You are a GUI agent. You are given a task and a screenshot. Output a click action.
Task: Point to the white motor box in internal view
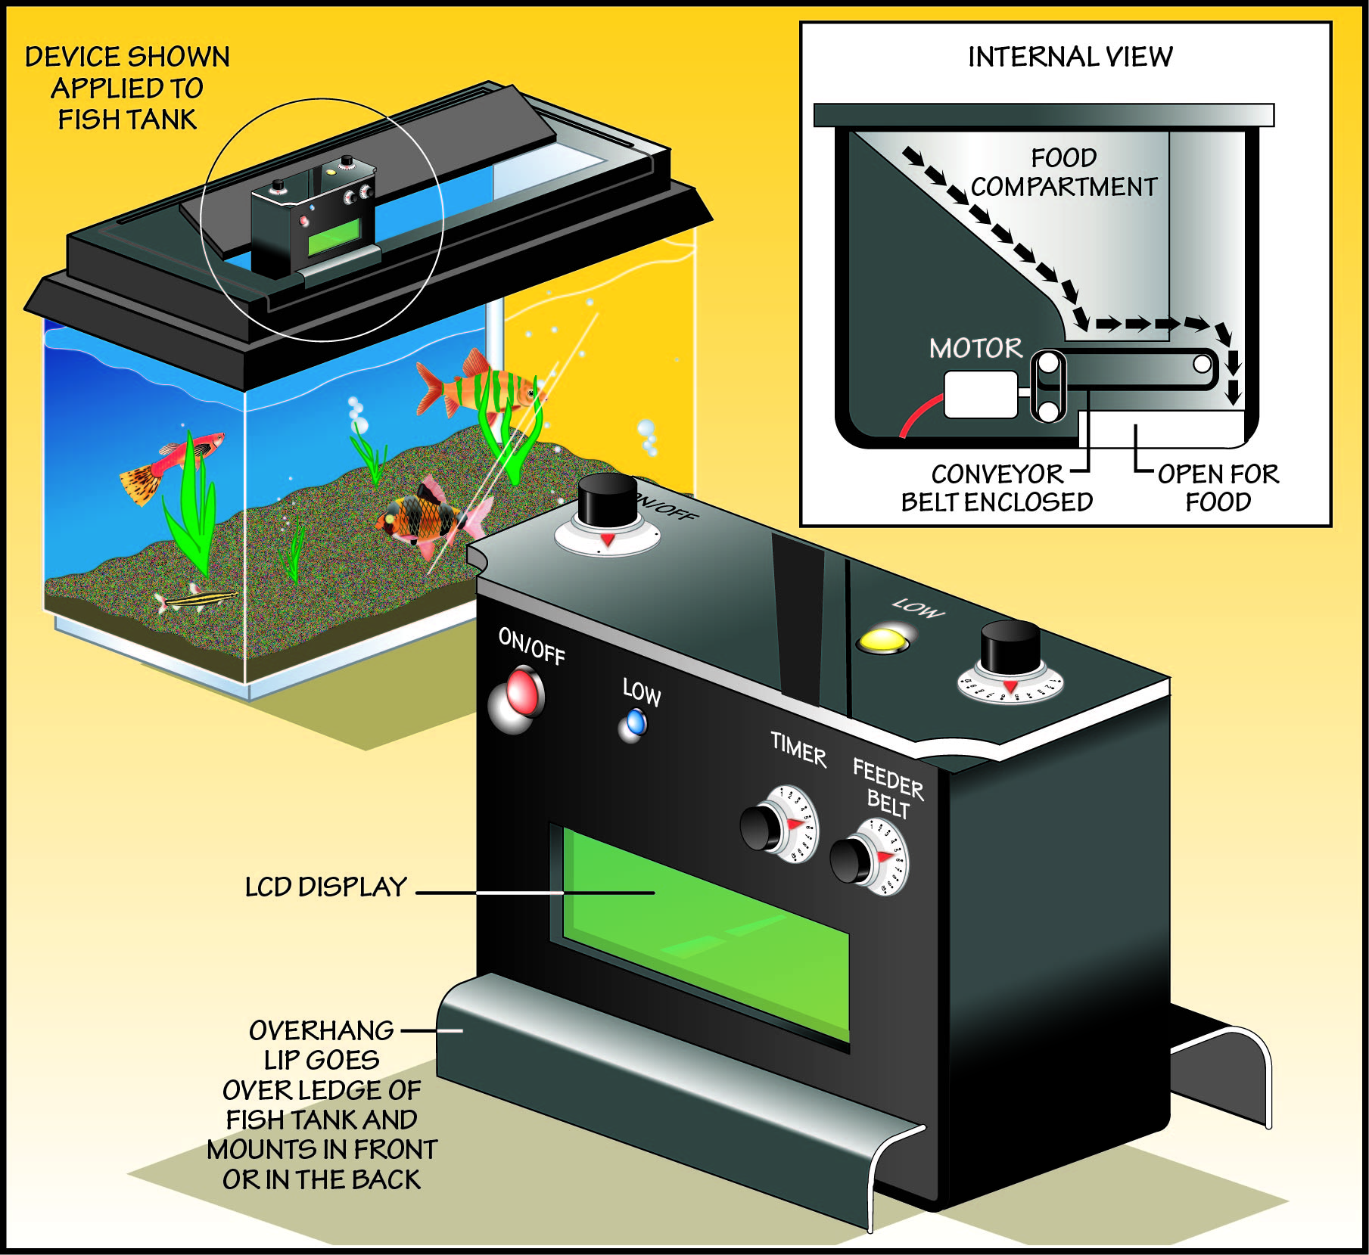point(980,393)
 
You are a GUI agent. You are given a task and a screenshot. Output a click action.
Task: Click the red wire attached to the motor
point(919,418)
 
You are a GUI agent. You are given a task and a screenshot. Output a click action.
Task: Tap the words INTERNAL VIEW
point(1070,57)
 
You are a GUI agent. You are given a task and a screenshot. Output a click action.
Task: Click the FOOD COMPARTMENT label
point(1063,172)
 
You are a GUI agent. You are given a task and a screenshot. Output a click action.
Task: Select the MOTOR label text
point(975,348)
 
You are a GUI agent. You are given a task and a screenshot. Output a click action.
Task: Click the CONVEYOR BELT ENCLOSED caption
point(997,488)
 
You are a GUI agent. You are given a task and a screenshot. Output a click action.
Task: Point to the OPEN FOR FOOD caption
point(1218,488)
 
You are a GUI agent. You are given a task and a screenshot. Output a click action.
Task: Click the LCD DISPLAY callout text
point(325,887)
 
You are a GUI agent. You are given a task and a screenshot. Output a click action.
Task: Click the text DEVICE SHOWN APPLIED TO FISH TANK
point(127,88)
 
